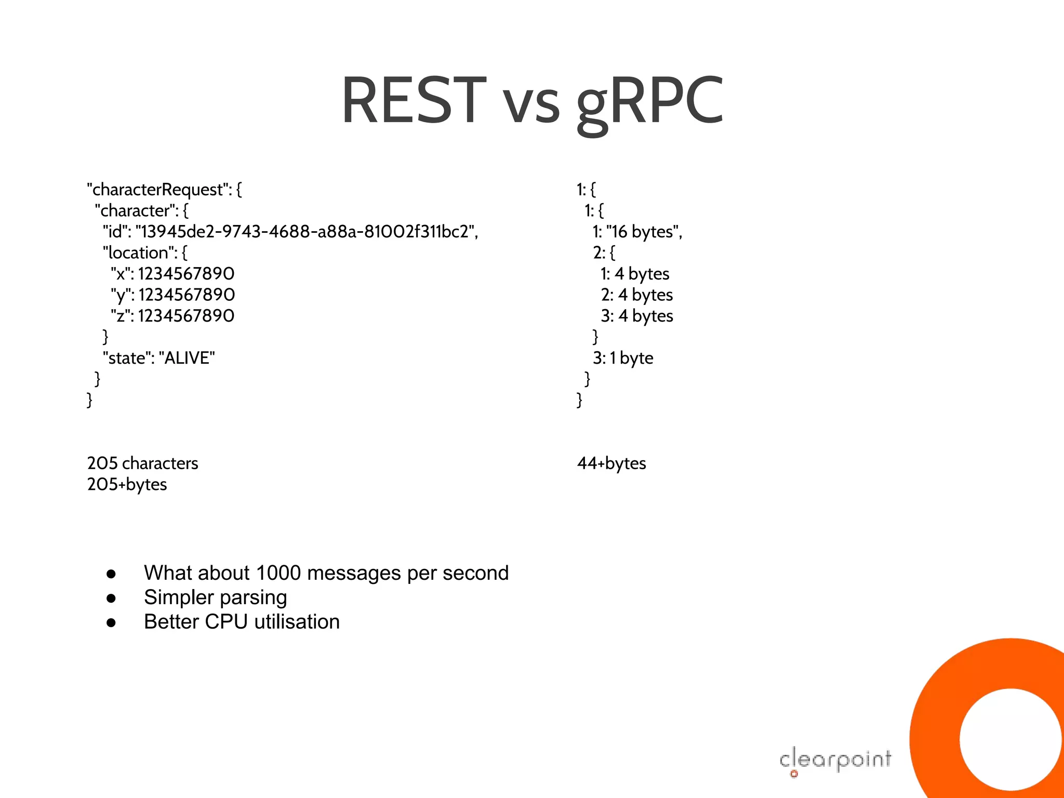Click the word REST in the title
(414, 100)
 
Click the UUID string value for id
(305, 232)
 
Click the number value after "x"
(187, 274)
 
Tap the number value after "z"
(187, 316)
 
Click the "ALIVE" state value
(187, 358)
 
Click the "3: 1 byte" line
(623, 358)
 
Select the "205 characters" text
(143, 463)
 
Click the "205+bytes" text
(127, 485)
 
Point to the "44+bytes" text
(611, 463)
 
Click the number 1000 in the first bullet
(278, 573)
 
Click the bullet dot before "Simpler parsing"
(111, 598)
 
